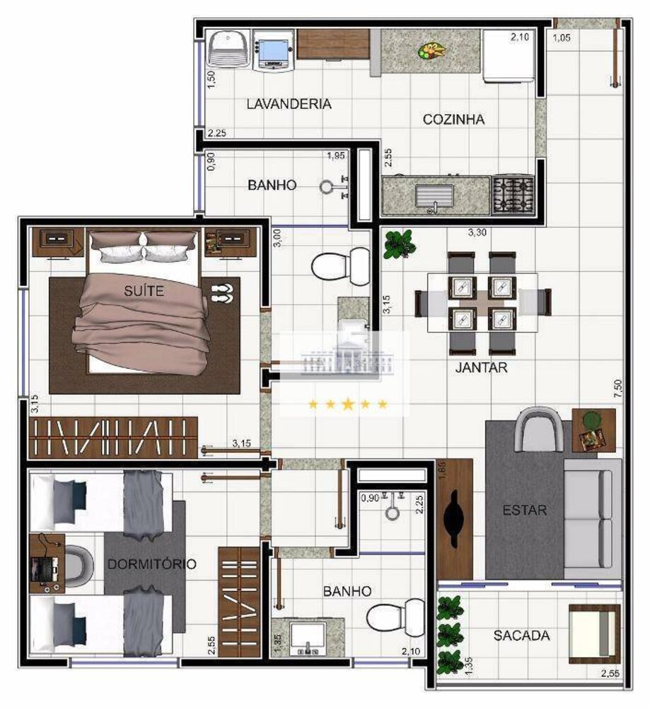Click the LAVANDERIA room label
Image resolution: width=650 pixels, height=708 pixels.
pos(289,104)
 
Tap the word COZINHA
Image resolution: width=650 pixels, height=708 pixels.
pos(453,120)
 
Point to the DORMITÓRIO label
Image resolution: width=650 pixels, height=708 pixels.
pos(151,564)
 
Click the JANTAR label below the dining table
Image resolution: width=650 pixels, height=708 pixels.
pos(481,367)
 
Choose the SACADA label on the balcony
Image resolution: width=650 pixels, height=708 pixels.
pos(521,636)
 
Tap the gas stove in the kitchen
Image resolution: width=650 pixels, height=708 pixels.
pos(513,195)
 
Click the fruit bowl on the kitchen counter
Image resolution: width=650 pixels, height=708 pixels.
pos(431,50)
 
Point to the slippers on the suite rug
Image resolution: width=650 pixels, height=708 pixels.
pos(221,292)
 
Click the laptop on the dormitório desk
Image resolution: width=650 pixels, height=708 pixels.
pos(42,566)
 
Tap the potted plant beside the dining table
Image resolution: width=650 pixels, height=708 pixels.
pos(399,244)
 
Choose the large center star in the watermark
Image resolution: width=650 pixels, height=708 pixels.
pos(347,404)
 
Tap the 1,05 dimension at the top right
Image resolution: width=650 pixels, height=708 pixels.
pos(562,38)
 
